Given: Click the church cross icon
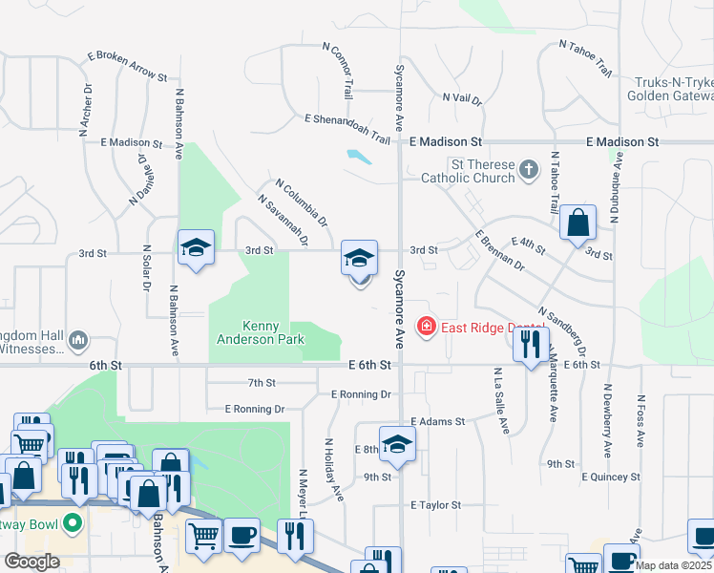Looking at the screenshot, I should [529, 171].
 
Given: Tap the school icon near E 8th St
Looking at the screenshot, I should [398, 443].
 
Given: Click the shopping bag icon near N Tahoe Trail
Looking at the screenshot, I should [578, 223].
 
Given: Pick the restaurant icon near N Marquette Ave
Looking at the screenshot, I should [532, 342].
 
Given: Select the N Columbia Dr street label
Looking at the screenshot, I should [302, 202].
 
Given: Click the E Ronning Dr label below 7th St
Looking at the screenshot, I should [255, 409].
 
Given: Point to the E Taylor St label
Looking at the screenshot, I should [435, 504].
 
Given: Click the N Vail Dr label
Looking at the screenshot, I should [467, 97].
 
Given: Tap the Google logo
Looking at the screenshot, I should [31, 562].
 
